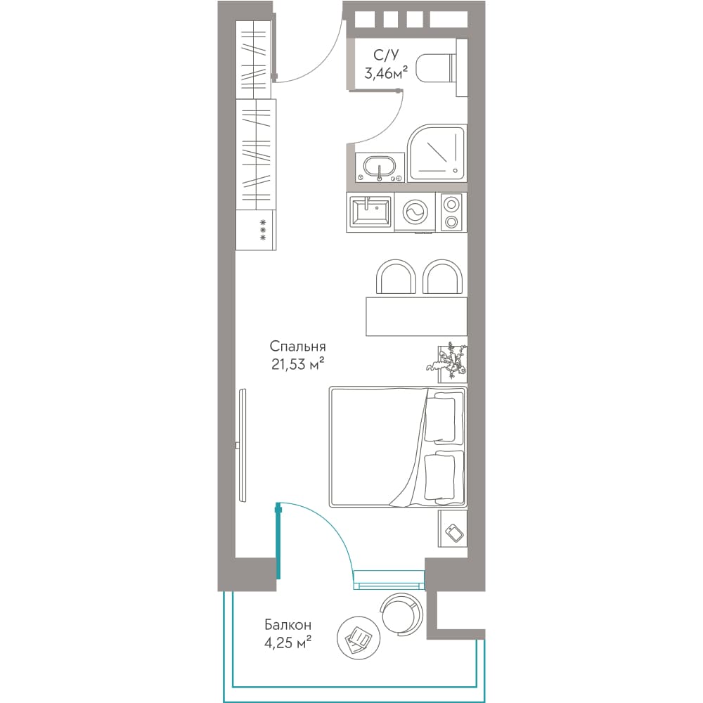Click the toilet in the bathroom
(441, 68)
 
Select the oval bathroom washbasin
(380, 167)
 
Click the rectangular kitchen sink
(370, 212)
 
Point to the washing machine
(416, 212)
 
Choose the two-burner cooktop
(452, 212)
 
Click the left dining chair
(396, 277)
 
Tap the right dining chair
(442, 277)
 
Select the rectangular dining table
(416, 316)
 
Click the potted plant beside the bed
(449, 361)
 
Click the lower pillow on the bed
(444, 475)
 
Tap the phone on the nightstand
(455, 533)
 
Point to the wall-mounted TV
(242, 445)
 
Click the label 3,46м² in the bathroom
(386, 73)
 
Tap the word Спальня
(297, 346)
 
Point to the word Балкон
(288, 624)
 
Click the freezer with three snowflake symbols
(256, 230)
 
